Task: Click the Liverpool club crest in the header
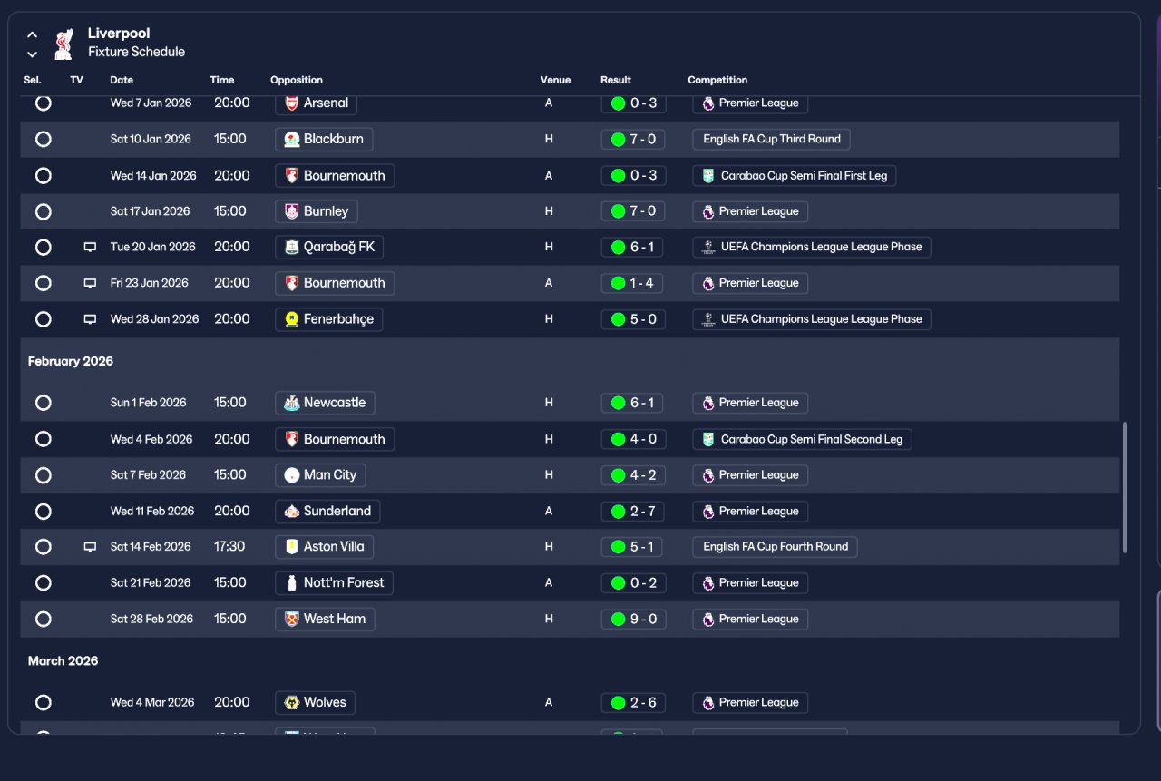pos(63,43)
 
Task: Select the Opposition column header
pos(296,80)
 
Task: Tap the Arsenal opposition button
pos(316,103)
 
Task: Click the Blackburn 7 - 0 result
pos(633,139)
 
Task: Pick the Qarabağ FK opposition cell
pos(329,247)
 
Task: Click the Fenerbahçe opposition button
pos(328,319)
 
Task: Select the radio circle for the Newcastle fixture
pos(43,403)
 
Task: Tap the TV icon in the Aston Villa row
pos(90,547)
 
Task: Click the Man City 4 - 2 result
pos(633,475)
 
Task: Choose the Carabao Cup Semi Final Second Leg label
pos(802,439)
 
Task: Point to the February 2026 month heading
pos(71,361)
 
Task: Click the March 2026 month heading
pos(63,661)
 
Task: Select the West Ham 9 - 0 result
pos(633,620)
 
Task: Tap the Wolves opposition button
pos(315,703)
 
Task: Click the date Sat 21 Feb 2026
pos(151,583)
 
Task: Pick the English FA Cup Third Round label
pos(771,139)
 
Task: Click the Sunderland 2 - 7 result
pos(633,512)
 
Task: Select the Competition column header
pos(717,80)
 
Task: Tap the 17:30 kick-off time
pos(229,547)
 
